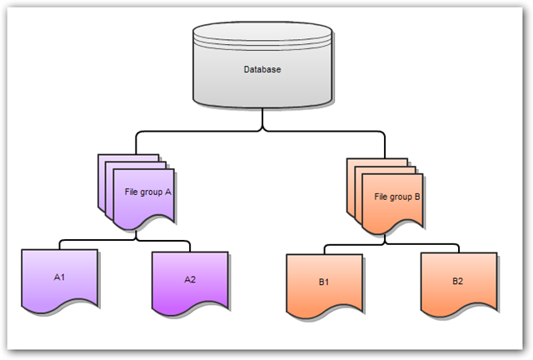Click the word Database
point(262,69)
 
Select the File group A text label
point(147,192)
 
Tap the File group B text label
point(397,197)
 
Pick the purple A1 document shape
point(59,283)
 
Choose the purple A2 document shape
point(190,283)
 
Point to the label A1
point(59,276)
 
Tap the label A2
point(190,279)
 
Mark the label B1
point(324,282)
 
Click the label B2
point(458,281)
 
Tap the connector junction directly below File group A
point(137,240)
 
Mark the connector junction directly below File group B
point(385,243)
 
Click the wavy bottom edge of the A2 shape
point(190,311)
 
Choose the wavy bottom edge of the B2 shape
point(458,314)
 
